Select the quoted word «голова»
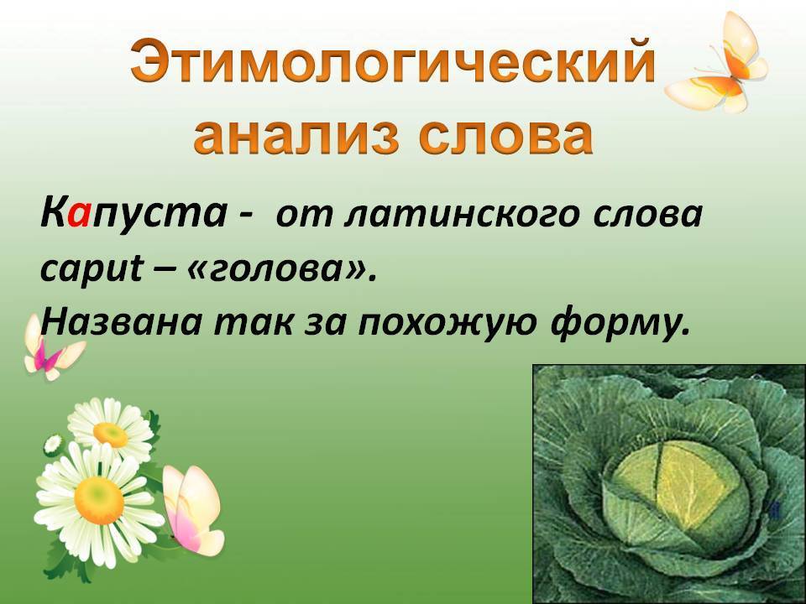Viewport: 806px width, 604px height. (x=285, y=270)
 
